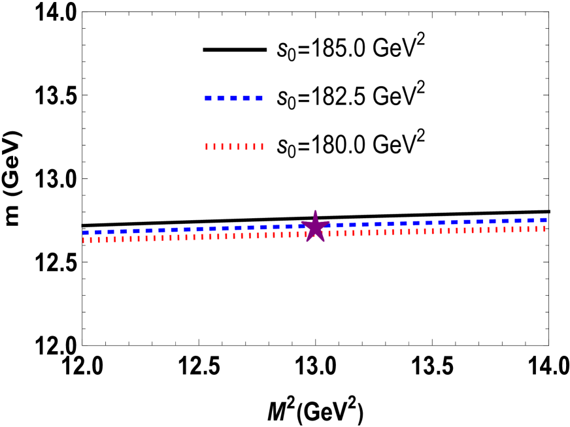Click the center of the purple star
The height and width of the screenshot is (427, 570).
click(x=316, y=227)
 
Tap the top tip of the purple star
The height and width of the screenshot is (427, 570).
click(x=316, y=210)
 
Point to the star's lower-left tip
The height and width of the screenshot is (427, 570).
click(x=306, y=242)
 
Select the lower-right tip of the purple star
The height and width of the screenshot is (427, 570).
click(x=325, y=242)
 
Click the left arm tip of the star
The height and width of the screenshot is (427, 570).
click(x=300, y=221)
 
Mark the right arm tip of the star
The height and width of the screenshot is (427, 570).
click(x=331, y=221)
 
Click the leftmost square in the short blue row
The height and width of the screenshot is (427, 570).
click(x=208, y=99)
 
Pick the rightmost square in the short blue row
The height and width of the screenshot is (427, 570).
click(x=259, y=99)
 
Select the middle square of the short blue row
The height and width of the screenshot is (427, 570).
click(x=233, y=99)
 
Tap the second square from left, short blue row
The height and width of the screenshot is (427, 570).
click(x=221, y=99)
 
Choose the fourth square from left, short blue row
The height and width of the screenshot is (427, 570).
click(x=246, y=99)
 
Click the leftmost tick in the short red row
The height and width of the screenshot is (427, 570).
click(x=207, y=147)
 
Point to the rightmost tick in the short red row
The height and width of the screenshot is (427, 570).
click(x=262, y=147)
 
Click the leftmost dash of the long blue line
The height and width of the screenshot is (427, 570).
click(x=86, y=232)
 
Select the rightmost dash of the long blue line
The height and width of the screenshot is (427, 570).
click(x=543, y=220)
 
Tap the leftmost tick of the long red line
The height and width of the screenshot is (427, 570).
click(x=84, y=240)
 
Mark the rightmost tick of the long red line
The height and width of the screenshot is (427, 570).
click(x=544, y=229)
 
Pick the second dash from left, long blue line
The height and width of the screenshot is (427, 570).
click(x=98, y=232)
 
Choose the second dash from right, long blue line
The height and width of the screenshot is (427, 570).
click(x=531, y=221)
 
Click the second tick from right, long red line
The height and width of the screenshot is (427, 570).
click(x=536, y=229)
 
